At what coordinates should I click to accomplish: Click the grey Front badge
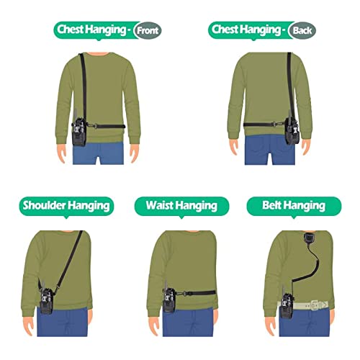pyautogui.click(x=148, y=30)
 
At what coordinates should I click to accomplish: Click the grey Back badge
pyautogui.click(x=301, y=30)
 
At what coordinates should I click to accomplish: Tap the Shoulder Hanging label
pyautogui.click(x=68, y=205)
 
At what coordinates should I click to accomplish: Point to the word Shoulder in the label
pyautogui.click(x=45, y=205)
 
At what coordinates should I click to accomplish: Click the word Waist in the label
pyautogui.click(x=161, y=206)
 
